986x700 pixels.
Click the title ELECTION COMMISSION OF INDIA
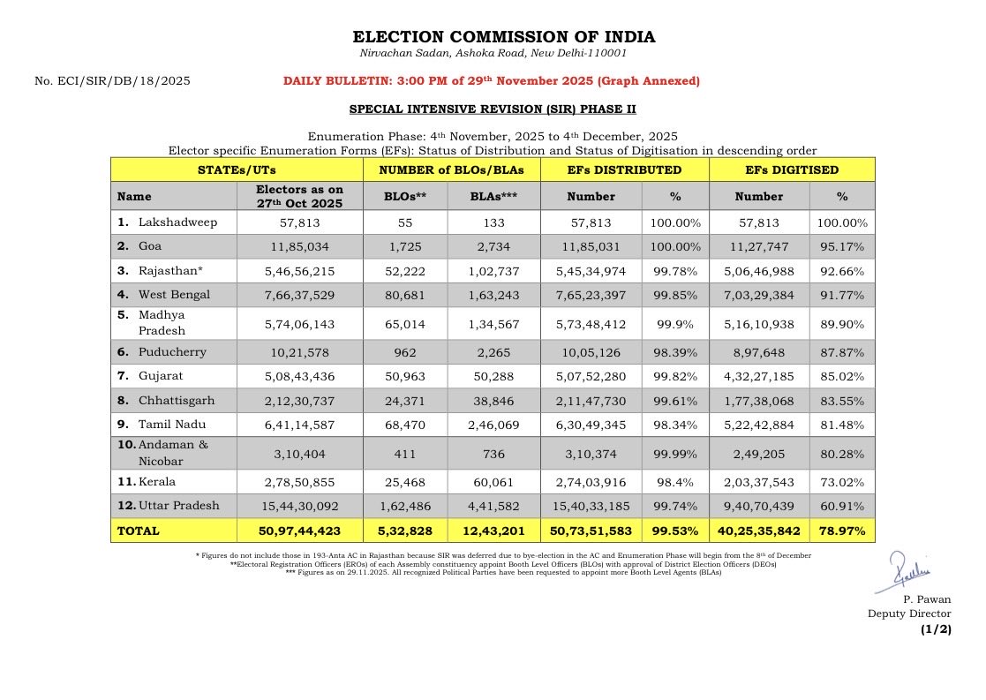(x=504, y=37)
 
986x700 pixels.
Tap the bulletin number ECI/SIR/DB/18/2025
(x=112, y=81)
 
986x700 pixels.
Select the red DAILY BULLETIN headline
(x=491, y=81)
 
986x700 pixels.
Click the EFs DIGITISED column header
(x=792, y=169)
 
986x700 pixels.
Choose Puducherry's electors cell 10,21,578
(x=298, y=352)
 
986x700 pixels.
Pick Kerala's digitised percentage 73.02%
(x=842, y=482)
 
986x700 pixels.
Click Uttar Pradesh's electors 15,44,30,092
(x=298, y=507)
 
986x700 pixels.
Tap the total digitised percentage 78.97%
(x=842, y=531)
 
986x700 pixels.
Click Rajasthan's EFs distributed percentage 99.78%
(x=676, y=271)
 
